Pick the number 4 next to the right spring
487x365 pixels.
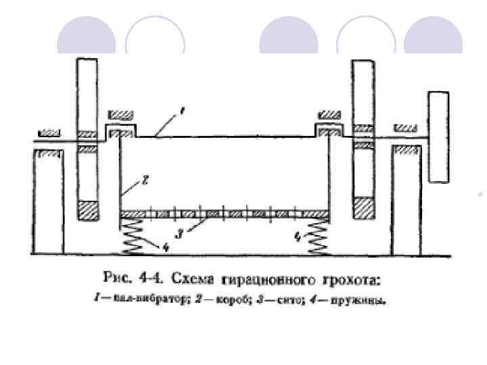297,237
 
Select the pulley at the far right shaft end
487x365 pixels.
438,137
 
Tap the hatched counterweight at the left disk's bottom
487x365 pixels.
89,211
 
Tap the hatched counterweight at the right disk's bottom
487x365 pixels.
363,208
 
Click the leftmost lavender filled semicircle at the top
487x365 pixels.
86,36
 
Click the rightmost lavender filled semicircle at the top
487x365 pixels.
432,36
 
